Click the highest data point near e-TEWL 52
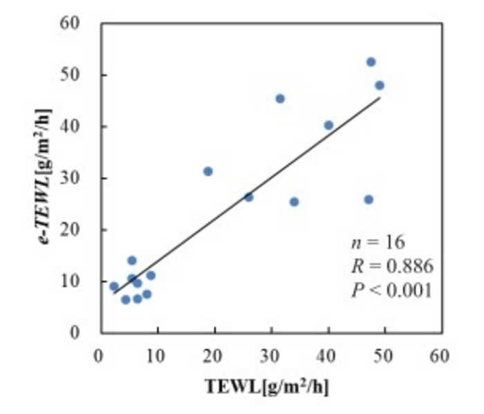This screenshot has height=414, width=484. pos(371,62)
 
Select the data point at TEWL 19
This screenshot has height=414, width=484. pos(208,171)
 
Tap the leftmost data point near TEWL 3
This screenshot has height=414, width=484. pos(114,286)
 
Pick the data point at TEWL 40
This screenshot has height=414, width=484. pos(328,125)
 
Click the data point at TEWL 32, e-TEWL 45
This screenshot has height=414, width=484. pos(280,99)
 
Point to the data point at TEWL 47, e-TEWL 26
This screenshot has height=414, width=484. pos(369,200)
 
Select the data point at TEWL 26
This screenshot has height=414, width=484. pos(249,197)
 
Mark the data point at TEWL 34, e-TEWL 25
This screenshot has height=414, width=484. pos(294,202)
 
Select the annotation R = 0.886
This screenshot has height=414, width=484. pos(392,266)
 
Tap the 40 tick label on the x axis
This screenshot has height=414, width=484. pos(328,357)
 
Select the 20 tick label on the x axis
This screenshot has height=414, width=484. pos(214,357)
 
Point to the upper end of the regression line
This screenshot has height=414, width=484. pos(380,97)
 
